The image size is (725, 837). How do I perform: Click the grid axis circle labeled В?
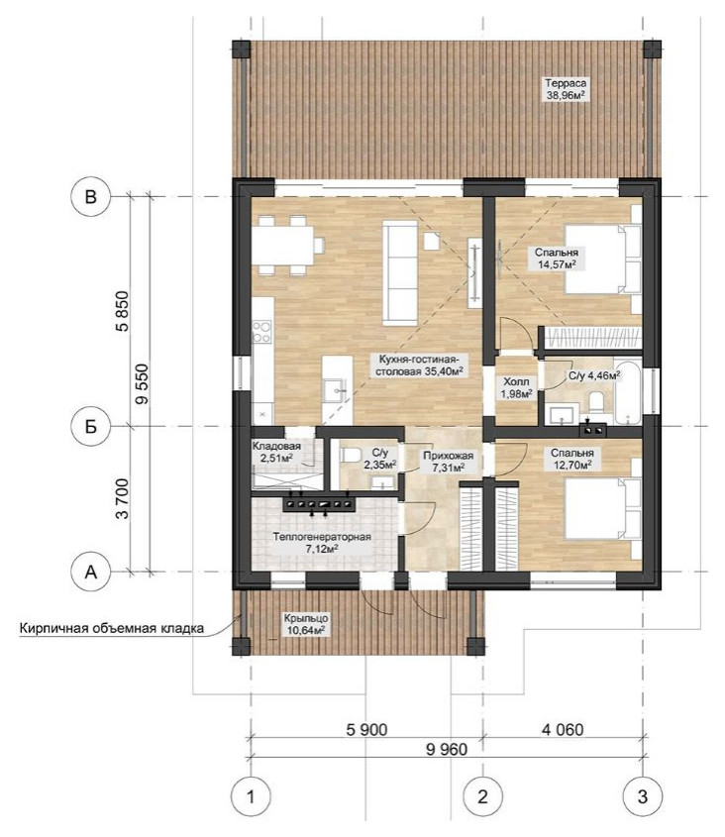tap(91, 197)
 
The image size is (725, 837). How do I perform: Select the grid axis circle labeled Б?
tap(91, 426)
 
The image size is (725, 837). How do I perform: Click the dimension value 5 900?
tap(366, 729)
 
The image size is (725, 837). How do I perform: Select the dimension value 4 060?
tap(563, 729)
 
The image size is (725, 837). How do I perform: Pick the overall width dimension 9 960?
tap(447, 750)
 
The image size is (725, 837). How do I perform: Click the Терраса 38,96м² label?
tap(566, 90)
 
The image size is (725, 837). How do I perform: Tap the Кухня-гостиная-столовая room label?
tap(418, 365)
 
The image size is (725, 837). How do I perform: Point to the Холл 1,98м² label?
tap(517, 388)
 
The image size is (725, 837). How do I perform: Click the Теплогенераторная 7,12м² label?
tap(322, 543)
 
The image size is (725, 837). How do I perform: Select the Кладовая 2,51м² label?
tap(276, 452)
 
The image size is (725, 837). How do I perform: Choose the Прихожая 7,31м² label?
tap(448, 462)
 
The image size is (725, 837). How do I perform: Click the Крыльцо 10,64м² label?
tap(306, 624)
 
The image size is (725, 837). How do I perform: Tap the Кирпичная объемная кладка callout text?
tap(112, 628)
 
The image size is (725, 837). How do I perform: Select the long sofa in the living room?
tap(400, 272)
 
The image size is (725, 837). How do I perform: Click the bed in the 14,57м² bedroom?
tap(602, 260)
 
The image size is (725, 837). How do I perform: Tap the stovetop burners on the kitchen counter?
tap(261, 331)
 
